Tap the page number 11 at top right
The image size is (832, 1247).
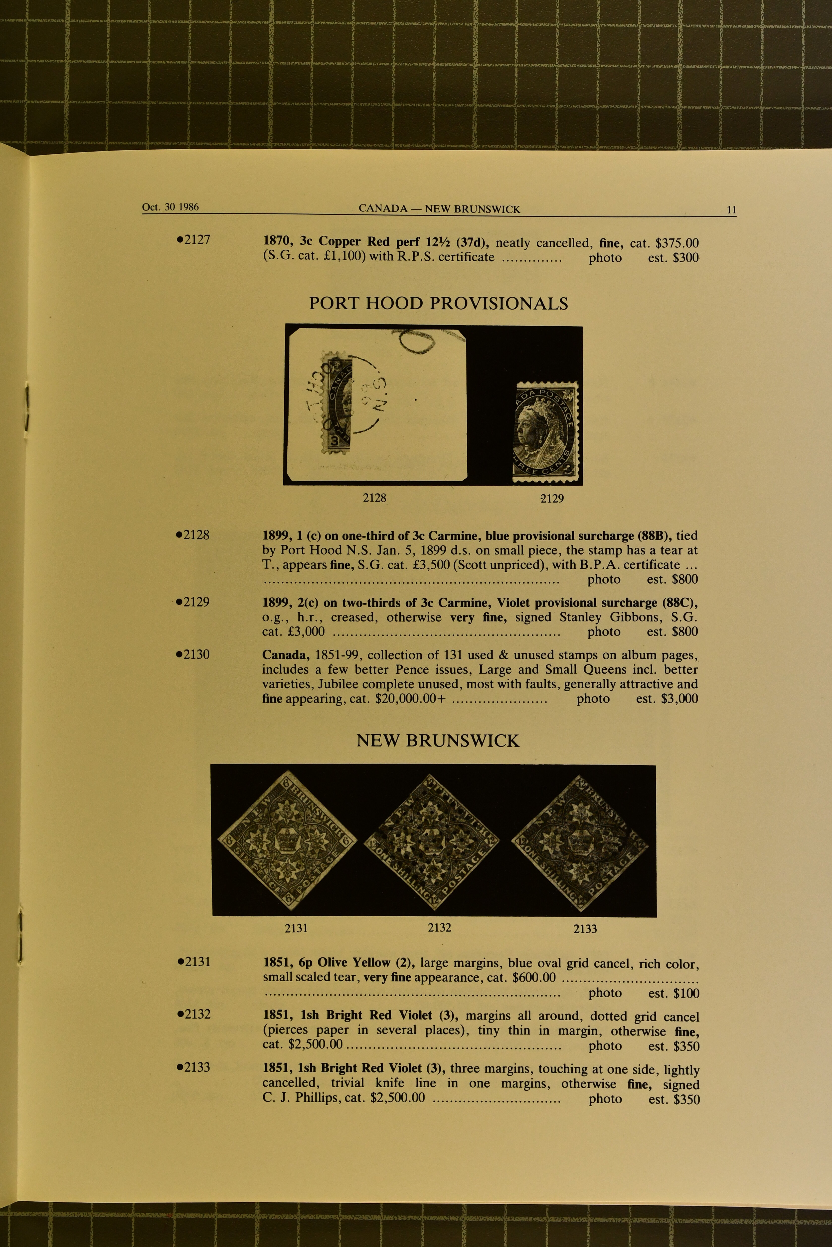pyautogui.click(x=731, y=209)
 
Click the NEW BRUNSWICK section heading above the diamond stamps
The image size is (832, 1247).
pyautogui.click(x=438, y=741)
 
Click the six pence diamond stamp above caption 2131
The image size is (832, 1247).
pyautogui.click(x=289, y=840)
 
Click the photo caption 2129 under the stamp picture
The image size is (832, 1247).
pyautogui.click(x=552, y=498)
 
